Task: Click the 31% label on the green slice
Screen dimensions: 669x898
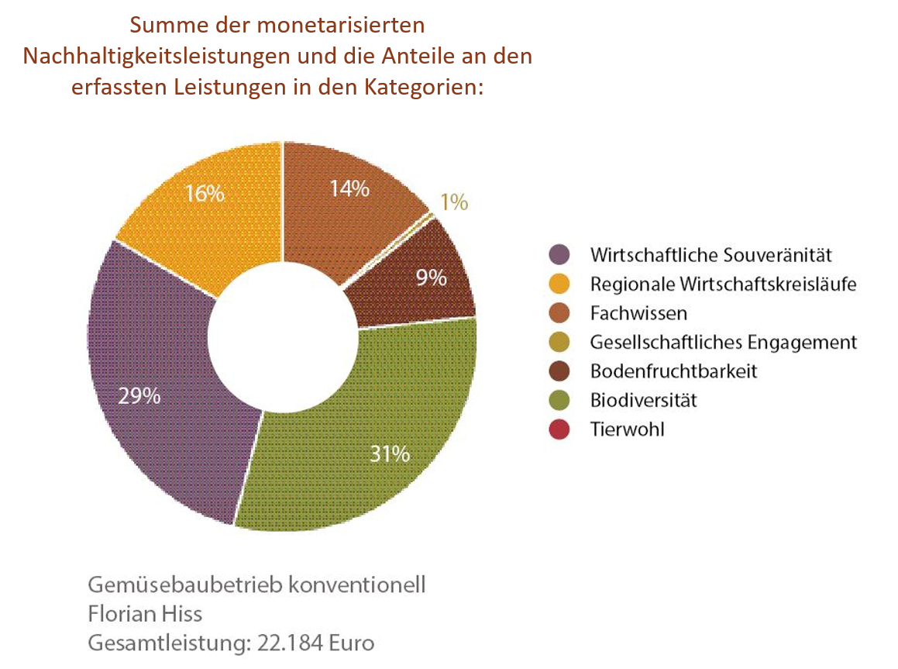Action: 390,453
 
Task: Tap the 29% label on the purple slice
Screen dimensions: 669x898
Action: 139,396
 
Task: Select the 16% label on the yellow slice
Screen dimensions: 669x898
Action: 205,192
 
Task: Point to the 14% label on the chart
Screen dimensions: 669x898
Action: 349,188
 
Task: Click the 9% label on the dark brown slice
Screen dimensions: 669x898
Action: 432,277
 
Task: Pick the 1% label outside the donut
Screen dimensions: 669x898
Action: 454,202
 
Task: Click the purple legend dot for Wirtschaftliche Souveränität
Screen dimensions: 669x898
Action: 559,254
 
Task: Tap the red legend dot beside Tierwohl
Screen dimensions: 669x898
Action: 559,429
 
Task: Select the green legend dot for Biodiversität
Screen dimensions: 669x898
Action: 559,400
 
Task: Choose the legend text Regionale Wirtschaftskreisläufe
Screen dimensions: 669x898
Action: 723,284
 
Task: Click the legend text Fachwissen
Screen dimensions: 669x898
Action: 638,313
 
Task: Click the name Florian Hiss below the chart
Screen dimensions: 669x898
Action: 145,614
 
